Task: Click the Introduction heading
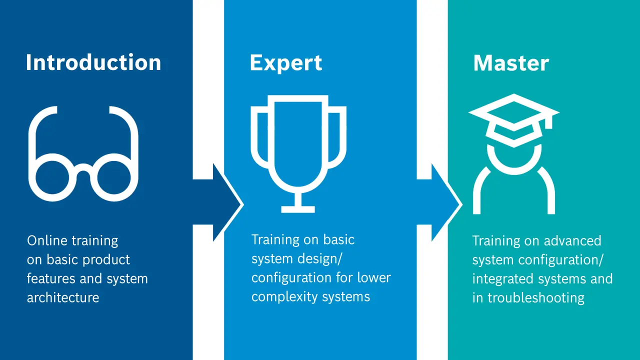pyautogui.click(x=93, y=62)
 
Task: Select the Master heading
pyautogui.click(x=511, y=63)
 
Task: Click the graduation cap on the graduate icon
pyautogui.click(x=514, y=120)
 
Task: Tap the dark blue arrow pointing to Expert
pyautogui.click(x=220, y=202)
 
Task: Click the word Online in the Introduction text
pyautogui.click(x=47, y=240)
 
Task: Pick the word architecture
pyautogui.click(x=63, y=297)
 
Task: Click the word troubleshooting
pyautogui.click(x=535, y=298)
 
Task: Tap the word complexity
pyautogui.click(x=284, y=297)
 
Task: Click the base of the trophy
pyautogui.click(x=298, y=209)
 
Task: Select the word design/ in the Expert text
pyautogui.click(x=319, y=259)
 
